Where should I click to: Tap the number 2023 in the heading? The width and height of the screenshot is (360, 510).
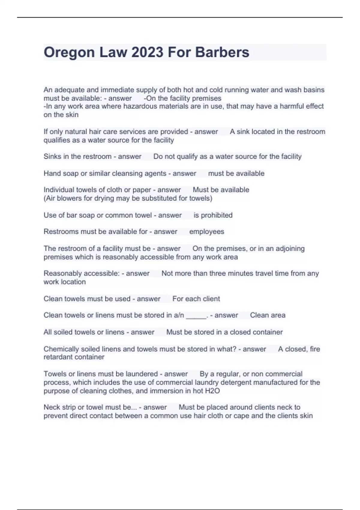pyautogui.click(x=147, y=52)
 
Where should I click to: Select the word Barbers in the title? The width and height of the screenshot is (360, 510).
pyautogui.click(x=222, y=52)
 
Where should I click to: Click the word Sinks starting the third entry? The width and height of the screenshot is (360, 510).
pyautogui.click(x=52, y=157)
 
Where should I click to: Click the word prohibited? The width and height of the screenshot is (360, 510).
pyautogui.click(x=217, y=215)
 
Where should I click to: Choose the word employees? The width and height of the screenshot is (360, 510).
pyautogui.click(x=207, y=232)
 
